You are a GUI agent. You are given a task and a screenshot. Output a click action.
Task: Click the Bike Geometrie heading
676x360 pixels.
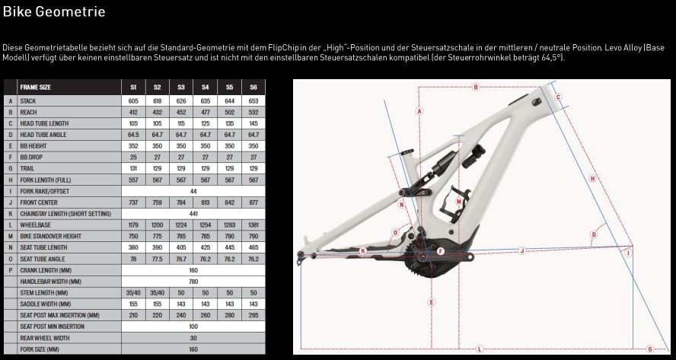pyautogui.click(x=54, y=11)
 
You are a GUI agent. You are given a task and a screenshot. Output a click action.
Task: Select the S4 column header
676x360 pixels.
pyautogui.click(x=206, y=87)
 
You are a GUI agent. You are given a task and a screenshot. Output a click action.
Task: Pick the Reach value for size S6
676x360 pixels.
pyautogui.click(x=253, y=112)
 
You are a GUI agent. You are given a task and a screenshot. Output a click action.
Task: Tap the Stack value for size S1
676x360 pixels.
pyautogui.click(x=133, y=101)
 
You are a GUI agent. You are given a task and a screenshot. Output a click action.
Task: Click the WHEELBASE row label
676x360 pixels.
pyautogui.click(x=35, y=225)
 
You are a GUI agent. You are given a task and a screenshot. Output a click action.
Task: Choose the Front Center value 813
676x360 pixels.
pyautogui.click(x=206, y=202)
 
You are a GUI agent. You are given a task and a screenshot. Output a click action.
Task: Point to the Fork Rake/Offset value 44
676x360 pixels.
pyautogui.click(x=193, y=191)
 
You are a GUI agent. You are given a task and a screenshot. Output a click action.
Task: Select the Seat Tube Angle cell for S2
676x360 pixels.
pyautogui.click(x=158, y=259)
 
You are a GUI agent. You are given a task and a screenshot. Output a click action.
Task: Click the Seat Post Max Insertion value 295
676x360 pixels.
pyautogui.click(x=253, y=315)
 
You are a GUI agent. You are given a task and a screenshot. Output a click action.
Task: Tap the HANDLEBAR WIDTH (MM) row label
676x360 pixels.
pyautogui.click(x=50, y=282)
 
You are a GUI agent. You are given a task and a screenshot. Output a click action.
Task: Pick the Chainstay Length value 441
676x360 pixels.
pyautogui.click(x=193, y=214)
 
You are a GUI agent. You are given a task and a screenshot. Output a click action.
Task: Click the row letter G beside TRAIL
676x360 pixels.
pyautogui.click(x=10, y=168)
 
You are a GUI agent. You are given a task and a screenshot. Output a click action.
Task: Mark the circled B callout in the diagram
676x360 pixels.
pyautogui.click(x=476, y=87)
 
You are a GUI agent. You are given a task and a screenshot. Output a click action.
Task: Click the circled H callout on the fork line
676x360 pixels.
pyautogui.click(x=592, y=178)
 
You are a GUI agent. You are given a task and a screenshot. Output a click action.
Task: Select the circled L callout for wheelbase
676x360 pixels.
pyautogui.click(x=480, y=349)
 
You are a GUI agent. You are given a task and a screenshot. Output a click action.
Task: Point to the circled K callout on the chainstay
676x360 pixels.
pyautogui.click(x=363, y=251)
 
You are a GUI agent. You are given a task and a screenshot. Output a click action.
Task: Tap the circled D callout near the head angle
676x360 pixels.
pyautogui.click(x=594, y=234)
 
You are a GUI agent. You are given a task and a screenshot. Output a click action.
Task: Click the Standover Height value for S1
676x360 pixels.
pyautogui.click(x=133, y=236)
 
